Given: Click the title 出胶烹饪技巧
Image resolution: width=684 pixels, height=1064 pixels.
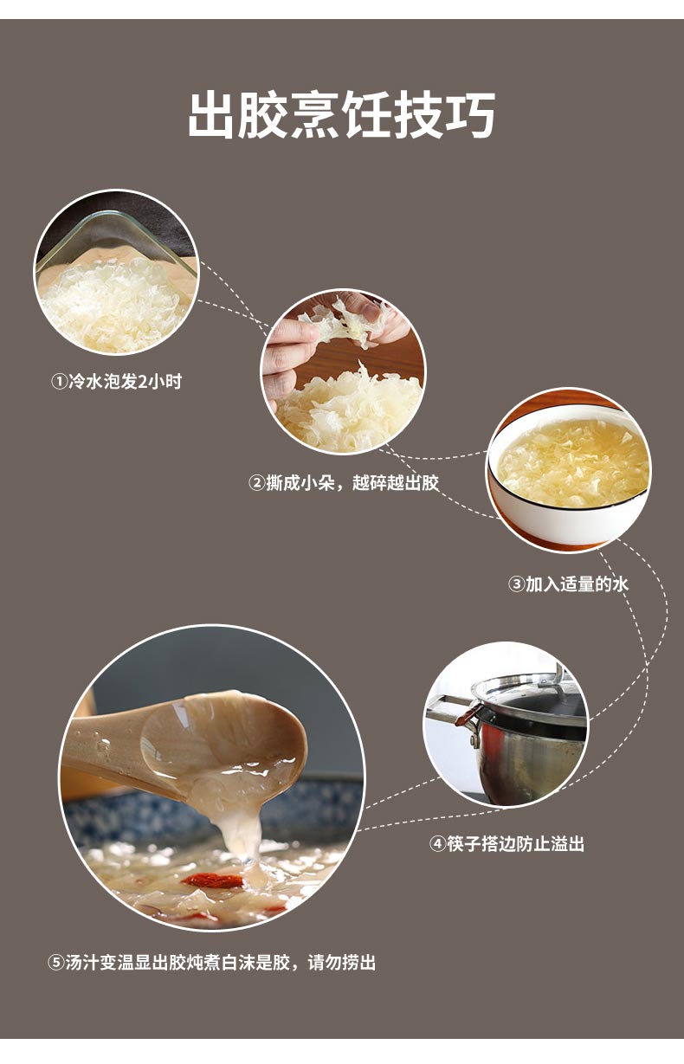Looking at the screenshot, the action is [x=342, y=114].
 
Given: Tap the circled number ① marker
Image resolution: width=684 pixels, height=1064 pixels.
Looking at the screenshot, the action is [x=59, y=382].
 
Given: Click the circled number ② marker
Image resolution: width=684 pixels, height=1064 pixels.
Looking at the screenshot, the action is [x=256, y=484].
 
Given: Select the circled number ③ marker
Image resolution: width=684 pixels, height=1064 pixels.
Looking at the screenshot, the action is [x=516, y=584].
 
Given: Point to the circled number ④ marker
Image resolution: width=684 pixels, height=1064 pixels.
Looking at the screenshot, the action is [x=438, y=845].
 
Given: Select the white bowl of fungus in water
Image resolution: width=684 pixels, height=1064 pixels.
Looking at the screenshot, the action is [x=569, y=470].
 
